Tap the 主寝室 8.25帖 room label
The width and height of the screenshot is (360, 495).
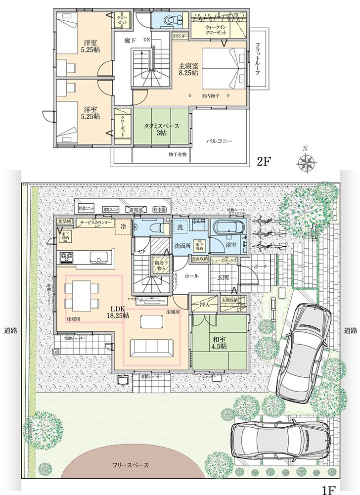[189, 68]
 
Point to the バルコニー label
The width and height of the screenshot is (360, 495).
[219, 141]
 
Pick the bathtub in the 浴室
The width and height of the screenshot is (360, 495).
[227, 228]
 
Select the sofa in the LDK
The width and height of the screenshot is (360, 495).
[152, 347]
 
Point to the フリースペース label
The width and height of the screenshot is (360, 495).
[127, 465]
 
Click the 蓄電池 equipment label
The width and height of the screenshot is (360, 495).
[133, 209]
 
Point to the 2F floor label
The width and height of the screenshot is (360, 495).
[262, 161]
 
